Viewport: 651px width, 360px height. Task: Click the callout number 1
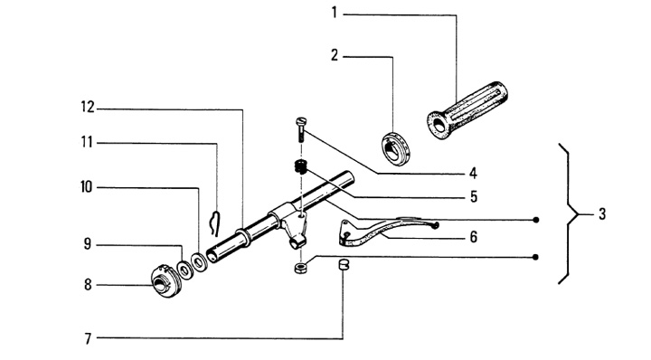click(x=335, y=14)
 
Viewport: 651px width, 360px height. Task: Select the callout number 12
click(x=88, y=108)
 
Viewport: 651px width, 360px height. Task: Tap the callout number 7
click(x=88, y=339)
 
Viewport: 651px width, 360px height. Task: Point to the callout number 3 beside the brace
click(x=602, y=214)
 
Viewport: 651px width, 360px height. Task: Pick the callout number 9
click(x=87, y=243)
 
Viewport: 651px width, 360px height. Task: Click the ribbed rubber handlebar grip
click(x=467, y=110)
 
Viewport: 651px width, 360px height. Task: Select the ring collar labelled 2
click(x=396, y=148)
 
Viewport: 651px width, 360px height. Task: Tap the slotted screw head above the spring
click(x=301, y=122)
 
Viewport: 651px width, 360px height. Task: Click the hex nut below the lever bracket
click(x=300, y=269)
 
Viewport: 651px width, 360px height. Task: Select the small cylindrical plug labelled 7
click(x=343, y=264)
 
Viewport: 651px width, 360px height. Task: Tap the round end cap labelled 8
click(x=166, y=281)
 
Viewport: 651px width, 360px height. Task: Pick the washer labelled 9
click(x=184, y=270)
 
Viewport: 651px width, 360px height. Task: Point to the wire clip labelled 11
click(x=214, y=223)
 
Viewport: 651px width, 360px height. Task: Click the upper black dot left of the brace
click(x=536, y=220)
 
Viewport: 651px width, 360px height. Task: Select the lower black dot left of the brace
click(x=536, y=258)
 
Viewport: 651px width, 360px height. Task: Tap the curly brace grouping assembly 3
click(x=570, y=214)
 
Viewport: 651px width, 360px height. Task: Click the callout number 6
click(x=473, y=237)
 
